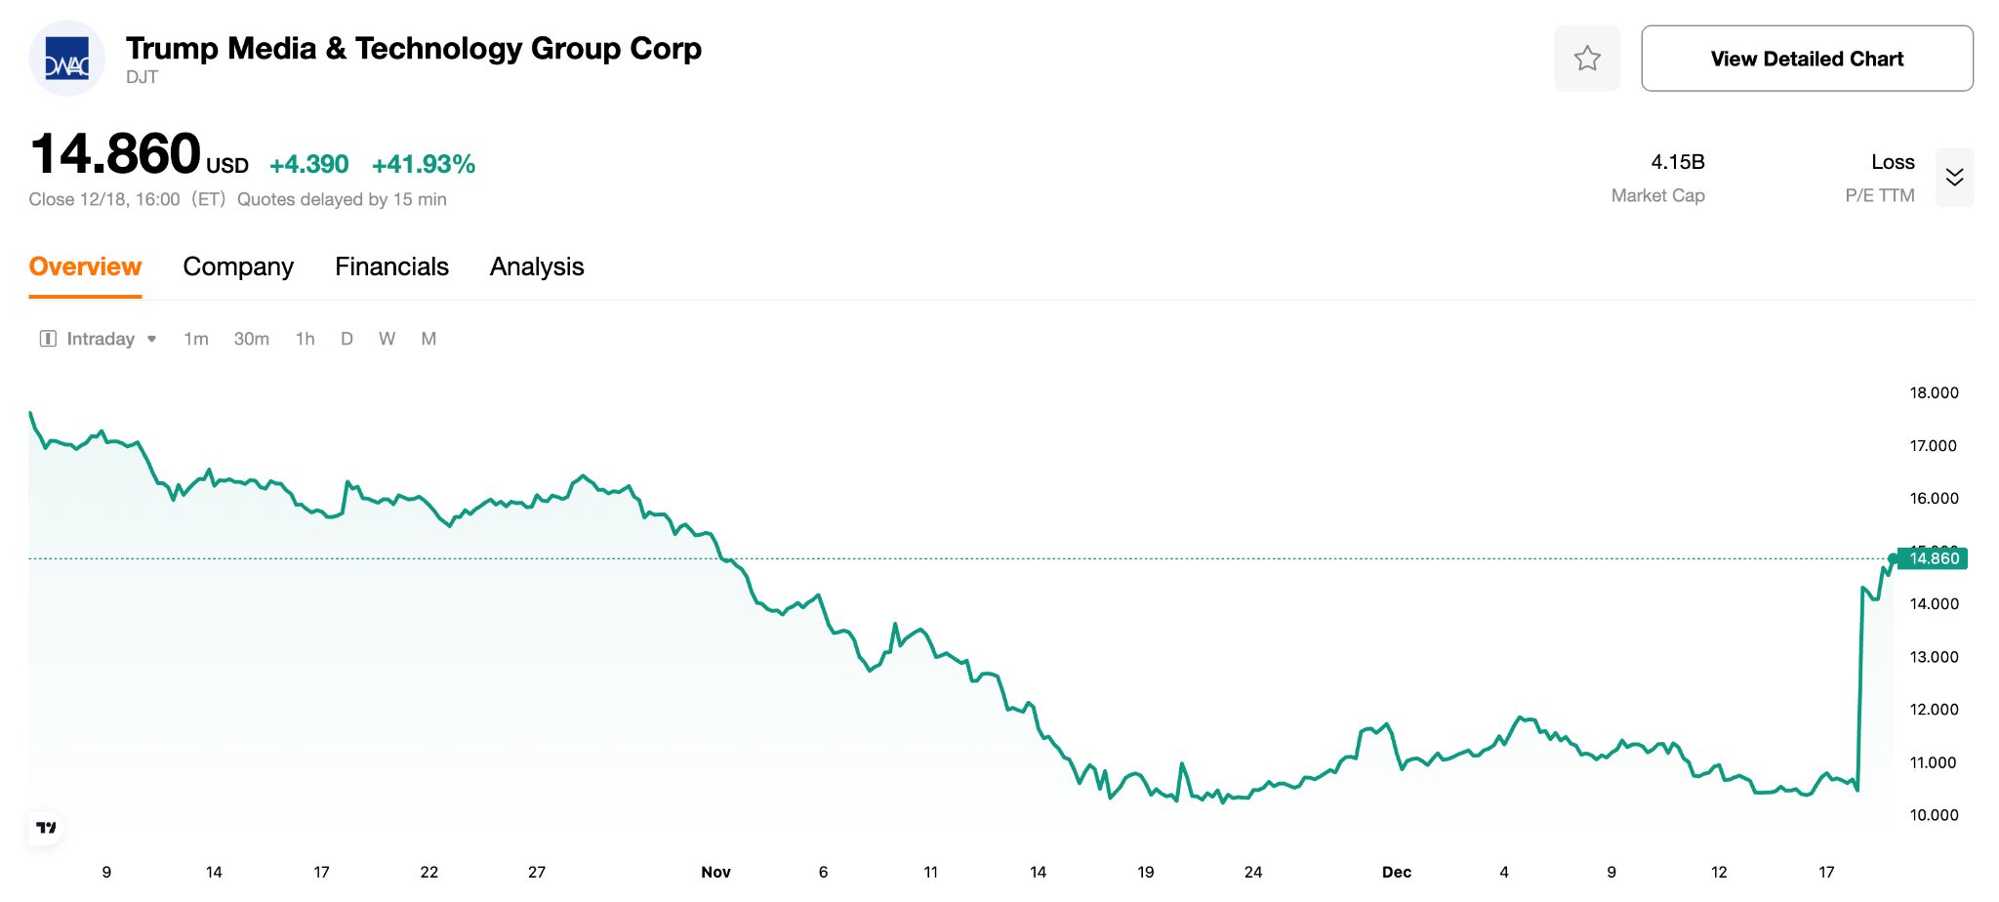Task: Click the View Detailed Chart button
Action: point(1807,59)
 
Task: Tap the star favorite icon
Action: point(1587,59)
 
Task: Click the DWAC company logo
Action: point(67,59)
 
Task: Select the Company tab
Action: point(238,266)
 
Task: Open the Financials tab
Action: point(391,266)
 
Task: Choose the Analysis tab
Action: point(537,266)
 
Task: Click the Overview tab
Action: point(85,266)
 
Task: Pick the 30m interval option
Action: point(251,339)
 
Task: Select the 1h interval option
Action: point(305,339)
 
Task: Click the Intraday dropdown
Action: point(99,339)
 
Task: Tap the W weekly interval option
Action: point(387,339)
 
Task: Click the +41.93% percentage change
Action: point(424,164)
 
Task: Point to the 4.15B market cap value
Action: point(1677,162)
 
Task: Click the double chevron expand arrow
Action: point(1954,177)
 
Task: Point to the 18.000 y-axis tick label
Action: point(1934,392)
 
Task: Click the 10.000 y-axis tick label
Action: point(1934,815)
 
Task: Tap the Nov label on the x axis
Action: point(715,872)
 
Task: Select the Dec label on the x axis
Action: point(1397,872)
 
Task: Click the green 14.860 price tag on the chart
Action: point(1933,558)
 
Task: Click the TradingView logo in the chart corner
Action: point(46,828)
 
